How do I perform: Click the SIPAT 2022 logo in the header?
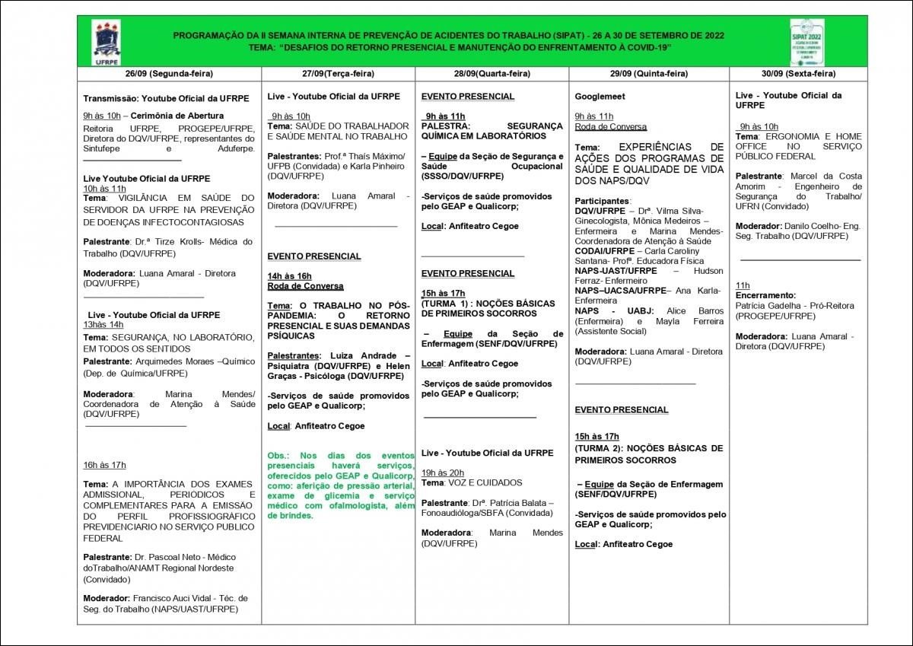807,41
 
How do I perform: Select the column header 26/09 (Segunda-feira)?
169,74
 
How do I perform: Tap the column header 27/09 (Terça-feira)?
338,74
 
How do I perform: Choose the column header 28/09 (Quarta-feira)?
491,74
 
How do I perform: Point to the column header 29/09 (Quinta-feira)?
648,74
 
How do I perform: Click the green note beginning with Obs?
340,485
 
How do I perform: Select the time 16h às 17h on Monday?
105,465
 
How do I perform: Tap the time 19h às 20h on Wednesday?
443,472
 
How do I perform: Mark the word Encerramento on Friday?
765,295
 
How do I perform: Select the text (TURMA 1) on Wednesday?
445,303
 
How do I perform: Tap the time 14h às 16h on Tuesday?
290,275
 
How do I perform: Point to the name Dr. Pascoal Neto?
164,558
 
